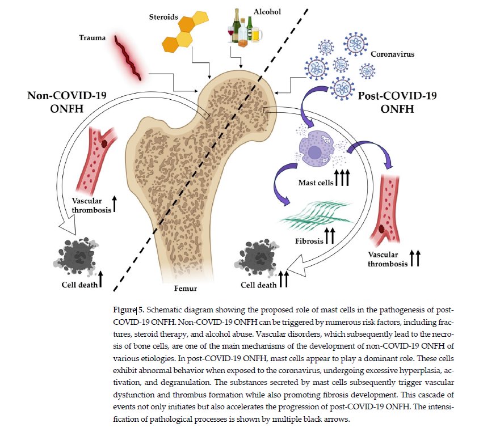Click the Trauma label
tap(93, 38)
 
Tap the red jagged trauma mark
tap(128, 58)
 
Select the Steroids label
tap(163, 17)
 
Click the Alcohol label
tap(267, 11)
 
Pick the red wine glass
tap(230, 33)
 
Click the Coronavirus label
tap(392, 54)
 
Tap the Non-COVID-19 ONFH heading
tap(67, 102)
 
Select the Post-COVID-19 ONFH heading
tap(397, 102)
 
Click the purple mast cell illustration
tap(314, 150)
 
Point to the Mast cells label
tap(316, 183)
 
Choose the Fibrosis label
tap(309, 242)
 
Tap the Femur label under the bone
tap(186, 289)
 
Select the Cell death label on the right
tap(258, 285)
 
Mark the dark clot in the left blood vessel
tap(105, 143)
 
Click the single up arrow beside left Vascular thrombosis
tap(115, 204)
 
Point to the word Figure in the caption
tap(124, 310)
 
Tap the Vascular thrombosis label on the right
tap(388, 259)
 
